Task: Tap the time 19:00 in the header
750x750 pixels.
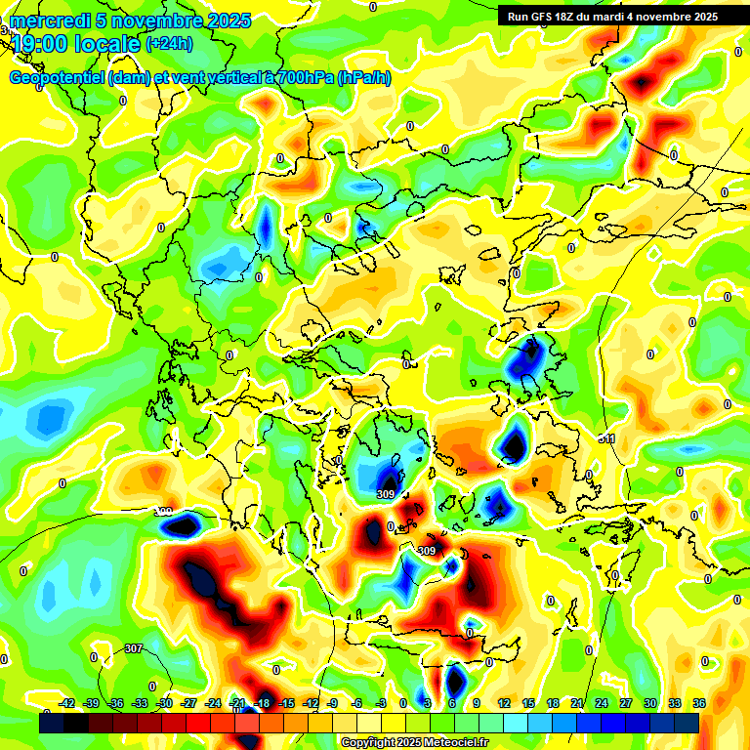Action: pyautogui.click(x=41, y=43)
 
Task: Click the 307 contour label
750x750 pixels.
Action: pyautogui.click(x=134, y=648)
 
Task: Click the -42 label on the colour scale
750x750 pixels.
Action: pyautogui.click(x=67, y=703)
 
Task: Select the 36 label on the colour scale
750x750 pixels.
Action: pyautogui.click(x=698, y=703)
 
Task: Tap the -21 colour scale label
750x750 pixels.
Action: pyautogui.click(x=236, y=703)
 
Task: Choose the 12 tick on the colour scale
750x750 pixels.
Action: pyautogui.click(x=504, y=703)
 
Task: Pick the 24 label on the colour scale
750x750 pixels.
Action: pyautogui.click(x=601, y=703)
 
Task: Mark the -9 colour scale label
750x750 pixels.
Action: pyautogui.click(x=332, y=703)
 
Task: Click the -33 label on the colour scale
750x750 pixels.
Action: pyautogui.click(x=140, y=703)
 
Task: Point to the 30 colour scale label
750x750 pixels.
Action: pyautogui.click(x=649, y=703)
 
